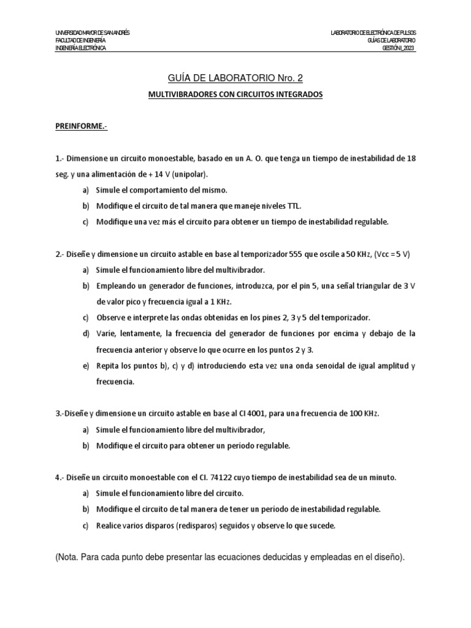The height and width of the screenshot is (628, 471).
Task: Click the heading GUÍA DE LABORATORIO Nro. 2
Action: click(x=235, y=78)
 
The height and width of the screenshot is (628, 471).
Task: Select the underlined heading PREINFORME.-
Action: click(x=82, y=126)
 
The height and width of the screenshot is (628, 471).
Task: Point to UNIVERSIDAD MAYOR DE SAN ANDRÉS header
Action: click(x=93, y=32)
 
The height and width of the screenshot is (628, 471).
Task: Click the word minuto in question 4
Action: click(x=381, y=477)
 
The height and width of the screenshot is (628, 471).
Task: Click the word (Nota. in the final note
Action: click(x=72, y=557)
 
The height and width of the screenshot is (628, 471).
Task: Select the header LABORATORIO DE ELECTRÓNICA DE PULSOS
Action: click(x=373, y=32)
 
